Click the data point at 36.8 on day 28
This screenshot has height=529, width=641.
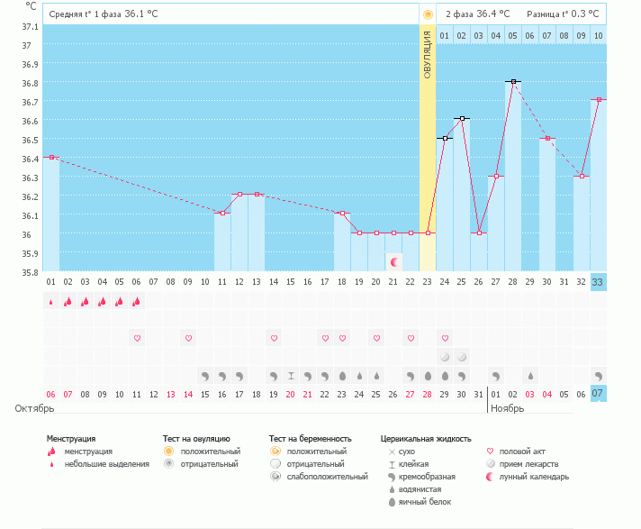tap(513, 81)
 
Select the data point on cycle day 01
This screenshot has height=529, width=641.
tap(51, 158)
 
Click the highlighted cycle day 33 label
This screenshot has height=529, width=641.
tap(598, 282)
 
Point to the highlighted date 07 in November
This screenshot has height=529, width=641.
tap(598, 394)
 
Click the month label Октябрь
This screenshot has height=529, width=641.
tap(35, 408)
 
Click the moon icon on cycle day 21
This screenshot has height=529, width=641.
tap(393, 260)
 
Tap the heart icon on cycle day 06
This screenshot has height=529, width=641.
tap(137, 338)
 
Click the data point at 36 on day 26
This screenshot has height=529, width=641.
tap(479, 233)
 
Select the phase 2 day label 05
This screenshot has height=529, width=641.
tap(513, 35)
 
